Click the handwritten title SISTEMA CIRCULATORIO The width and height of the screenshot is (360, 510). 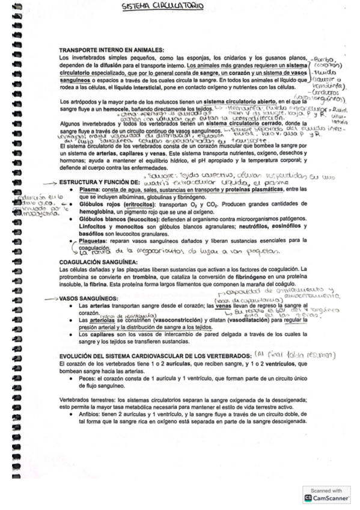point(162,7)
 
